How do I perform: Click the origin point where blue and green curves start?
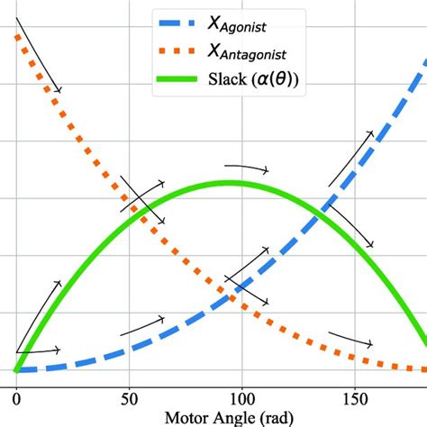16,369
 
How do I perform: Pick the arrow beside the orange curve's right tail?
351,338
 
